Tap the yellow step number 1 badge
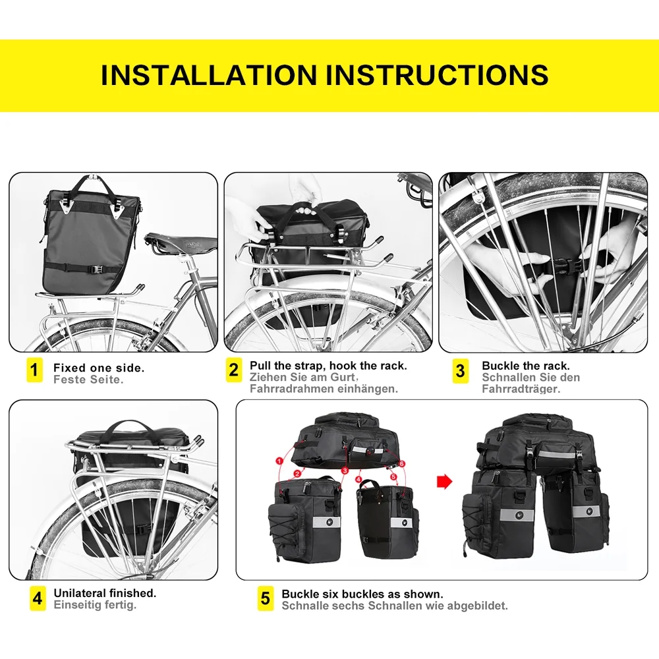(x=35, y=370)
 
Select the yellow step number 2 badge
(x=233, y=370)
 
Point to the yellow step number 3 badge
(x=461, y=370)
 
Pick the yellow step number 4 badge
(x=38, y=598)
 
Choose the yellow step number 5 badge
(x=265, y=598)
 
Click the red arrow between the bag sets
(x=445, y=482)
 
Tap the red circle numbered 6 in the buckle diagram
(x=403, y=464)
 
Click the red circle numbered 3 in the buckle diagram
(x=345, y=471)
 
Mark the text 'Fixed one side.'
(x=99, y=368)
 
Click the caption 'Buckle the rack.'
(x=525, y=366)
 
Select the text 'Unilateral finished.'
(x=105, y=593)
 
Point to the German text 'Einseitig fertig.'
(x=95, y=605)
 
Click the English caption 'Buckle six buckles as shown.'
(x=362, y=594)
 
